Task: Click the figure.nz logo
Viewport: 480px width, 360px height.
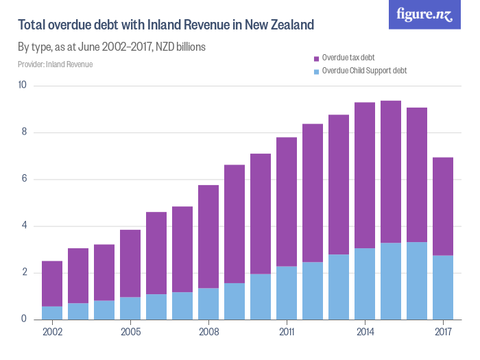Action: [424, 15]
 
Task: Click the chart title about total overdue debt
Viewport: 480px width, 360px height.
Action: [166, 25]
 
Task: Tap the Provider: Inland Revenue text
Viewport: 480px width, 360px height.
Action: [55, 64]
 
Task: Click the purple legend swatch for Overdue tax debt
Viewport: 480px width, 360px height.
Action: [316, 58]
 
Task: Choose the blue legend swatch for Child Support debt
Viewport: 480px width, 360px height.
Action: [316, 71]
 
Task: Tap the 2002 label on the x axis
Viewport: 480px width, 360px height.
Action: [52, 333]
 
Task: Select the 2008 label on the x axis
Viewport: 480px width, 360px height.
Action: [208, 333]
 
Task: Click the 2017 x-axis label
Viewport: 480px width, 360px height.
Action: [443, 333]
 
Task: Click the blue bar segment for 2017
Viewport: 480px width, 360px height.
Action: [443, 287]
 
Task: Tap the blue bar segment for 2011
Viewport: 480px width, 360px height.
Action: [287, 293]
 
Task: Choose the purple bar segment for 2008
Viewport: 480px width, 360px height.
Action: [208, 237]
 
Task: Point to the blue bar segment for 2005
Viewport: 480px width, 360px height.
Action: [130, 308]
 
